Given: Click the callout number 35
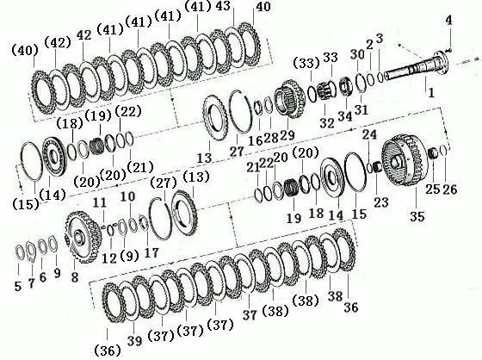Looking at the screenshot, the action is point(417,217).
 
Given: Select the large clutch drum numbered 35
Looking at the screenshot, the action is point(404,160).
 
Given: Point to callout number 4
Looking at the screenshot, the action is point(448,21).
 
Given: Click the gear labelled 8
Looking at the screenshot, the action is point(83,237).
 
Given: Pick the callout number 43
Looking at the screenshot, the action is point(223,6).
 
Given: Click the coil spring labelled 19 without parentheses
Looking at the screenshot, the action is point(289,188).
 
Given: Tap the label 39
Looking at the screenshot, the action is point(134,341).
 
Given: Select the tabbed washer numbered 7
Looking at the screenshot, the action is point(31,251).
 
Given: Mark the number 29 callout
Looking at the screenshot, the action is point(287,135).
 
